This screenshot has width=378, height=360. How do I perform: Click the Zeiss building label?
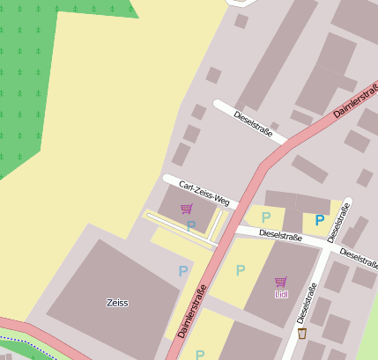point(117,303)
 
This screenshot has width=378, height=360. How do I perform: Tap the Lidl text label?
point(281,294)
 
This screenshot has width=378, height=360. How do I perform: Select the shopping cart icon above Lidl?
point(280,282)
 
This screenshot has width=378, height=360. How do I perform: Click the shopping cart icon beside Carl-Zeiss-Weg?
point(186,209)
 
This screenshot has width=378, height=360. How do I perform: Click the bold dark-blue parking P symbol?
point(319,220)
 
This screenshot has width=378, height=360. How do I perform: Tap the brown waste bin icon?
point(302,334)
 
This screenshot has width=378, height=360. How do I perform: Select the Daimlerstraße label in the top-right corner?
point(356,99)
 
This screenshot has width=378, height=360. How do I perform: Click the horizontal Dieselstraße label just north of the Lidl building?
point(280,237)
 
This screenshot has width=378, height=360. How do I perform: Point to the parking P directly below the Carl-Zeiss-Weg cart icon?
point(191,226)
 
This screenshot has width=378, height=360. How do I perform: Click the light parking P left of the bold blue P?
point(265,217)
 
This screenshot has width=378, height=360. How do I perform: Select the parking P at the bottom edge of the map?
point(200,355)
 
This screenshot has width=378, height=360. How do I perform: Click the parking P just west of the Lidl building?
point(240,270)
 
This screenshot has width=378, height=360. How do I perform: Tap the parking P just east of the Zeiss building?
point(183,271)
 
